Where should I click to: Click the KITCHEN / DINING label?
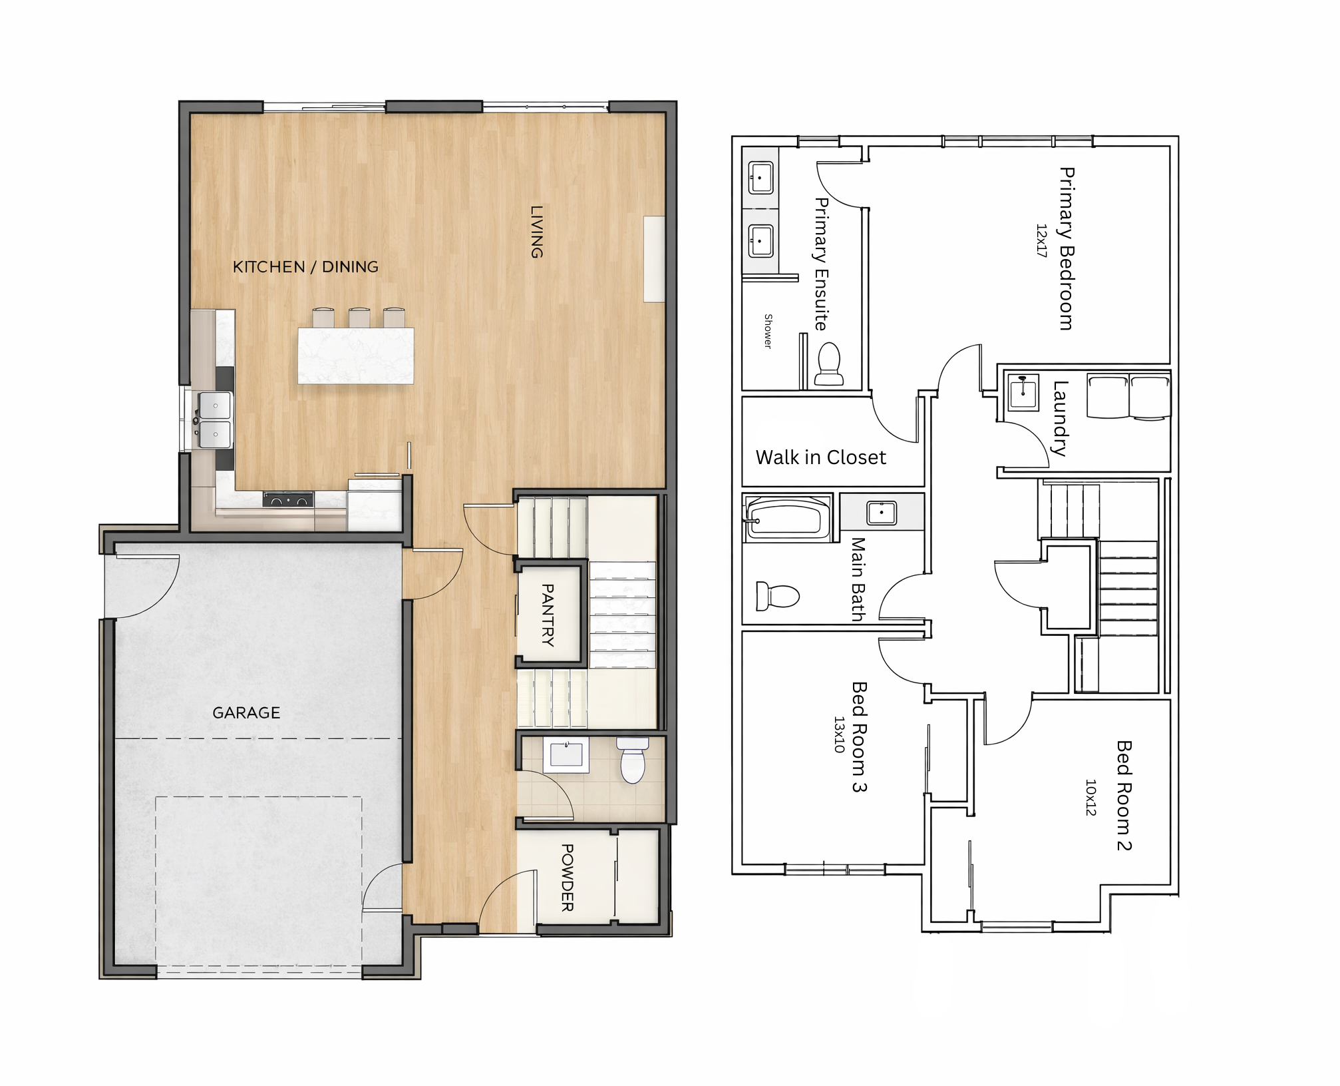coord(305,267)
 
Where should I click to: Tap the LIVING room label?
coord(537,231)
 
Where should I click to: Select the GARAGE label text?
coord(246,713)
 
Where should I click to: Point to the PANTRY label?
coord(548,615)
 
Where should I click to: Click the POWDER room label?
coord(568,878)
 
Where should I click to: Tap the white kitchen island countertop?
coord(356,356)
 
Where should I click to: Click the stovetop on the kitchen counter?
coord(288,499)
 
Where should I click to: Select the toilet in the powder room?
coord(633,760)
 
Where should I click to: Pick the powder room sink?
coord(566,754)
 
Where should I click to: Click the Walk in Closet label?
coord(821,457)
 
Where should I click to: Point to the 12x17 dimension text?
coord(1042,240)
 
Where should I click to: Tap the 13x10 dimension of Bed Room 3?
coord(840,734)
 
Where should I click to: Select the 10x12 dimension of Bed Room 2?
coord(1091,798)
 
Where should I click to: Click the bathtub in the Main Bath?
coord(787,518)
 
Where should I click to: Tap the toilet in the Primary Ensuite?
coord(829,364)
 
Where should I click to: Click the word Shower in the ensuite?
coord(768,331)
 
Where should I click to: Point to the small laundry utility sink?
coord(1023,392)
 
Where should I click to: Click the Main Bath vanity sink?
coord(882,513)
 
